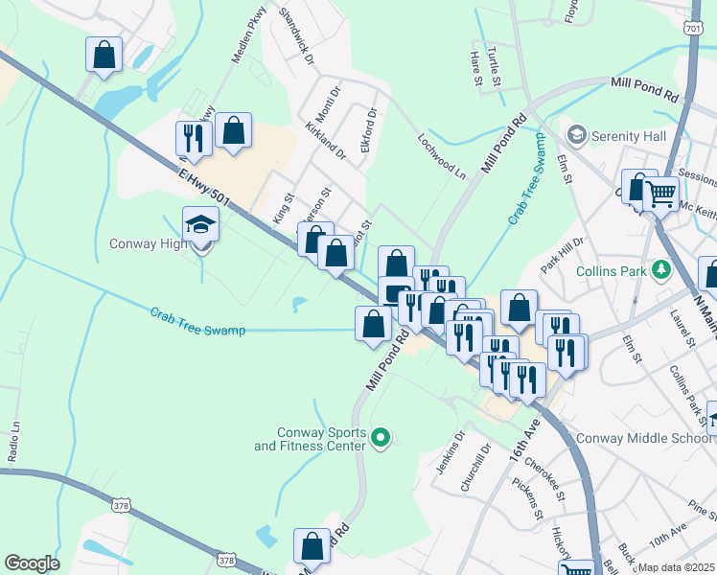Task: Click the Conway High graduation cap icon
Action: pos(201,225)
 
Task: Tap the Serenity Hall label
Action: pos(628,136)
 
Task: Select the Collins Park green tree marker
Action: pos(660,270)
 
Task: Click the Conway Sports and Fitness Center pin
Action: pos(381,439)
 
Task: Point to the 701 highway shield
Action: pos(694,30)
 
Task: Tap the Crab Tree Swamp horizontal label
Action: pos(197,322)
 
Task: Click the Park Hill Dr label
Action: pos(562,254)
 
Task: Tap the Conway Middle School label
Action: pos(645,439)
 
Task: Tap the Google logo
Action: pos(32,563)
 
